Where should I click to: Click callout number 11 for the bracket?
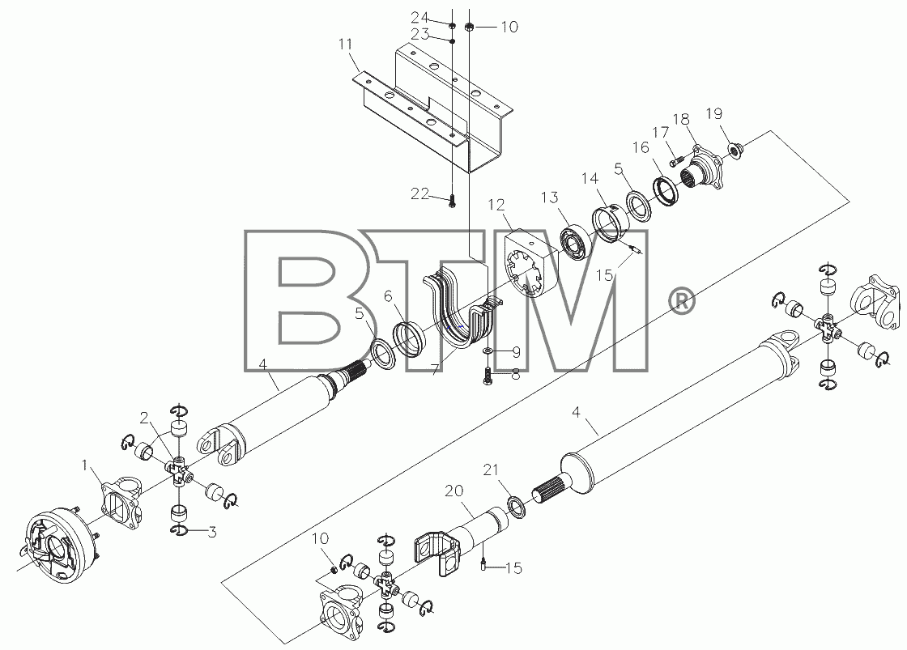point(345,45)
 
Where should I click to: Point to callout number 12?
point(496,205)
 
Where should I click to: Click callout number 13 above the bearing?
point(550,198)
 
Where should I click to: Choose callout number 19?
point(714,113)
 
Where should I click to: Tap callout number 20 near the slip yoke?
point(454,491)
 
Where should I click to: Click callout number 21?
point(491,469)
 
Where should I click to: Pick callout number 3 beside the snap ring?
point(212,532)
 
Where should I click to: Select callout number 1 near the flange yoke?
point(85,465)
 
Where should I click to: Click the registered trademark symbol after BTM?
point(682,301)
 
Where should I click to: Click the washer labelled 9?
point(488,350)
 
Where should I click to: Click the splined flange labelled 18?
point(701,169)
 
